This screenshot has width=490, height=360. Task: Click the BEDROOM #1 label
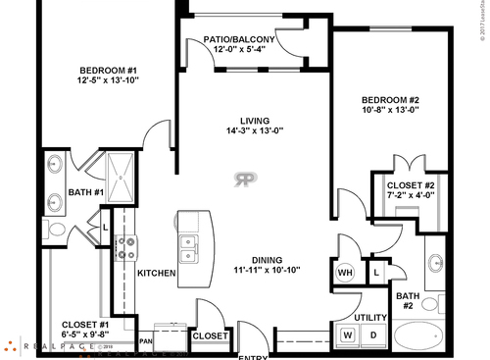[107, 71]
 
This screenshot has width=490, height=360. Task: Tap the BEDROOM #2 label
[390, 100]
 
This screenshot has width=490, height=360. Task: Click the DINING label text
[267, 260]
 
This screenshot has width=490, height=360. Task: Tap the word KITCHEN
[156, 272]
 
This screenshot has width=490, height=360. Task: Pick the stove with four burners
[126, 250]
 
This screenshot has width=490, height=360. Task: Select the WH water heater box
[345, 272]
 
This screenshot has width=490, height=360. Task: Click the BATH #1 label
[85, 192]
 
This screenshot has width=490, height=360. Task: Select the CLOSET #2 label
[404, 184]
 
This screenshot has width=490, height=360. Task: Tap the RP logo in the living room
[246, 179]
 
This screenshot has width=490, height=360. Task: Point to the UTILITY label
[370, 317]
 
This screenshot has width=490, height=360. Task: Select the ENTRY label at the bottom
[254, 356]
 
